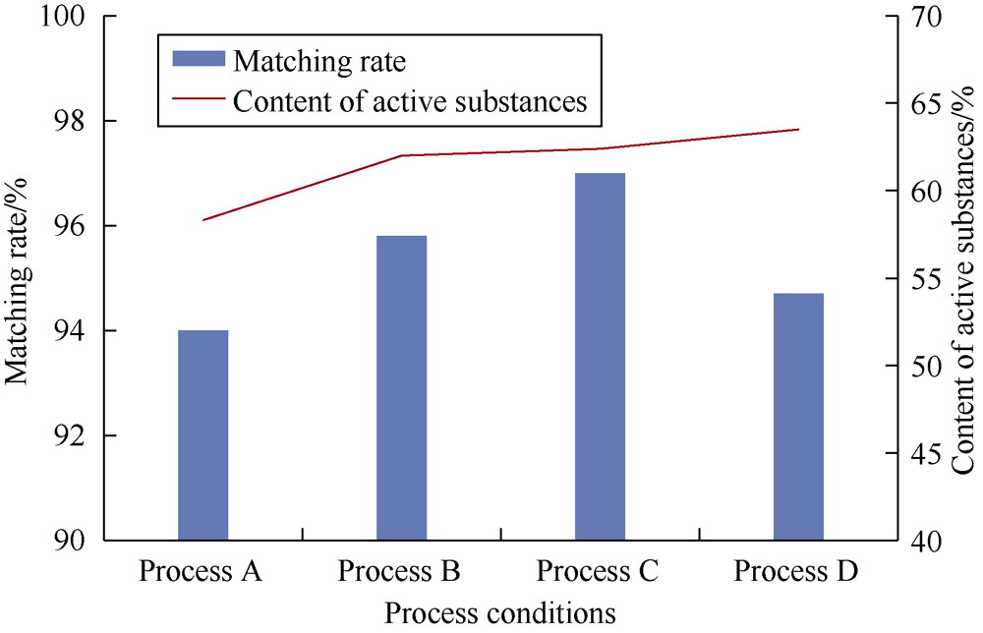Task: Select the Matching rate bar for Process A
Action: (203, 435)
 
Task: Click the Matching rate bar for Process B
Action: (401, 388)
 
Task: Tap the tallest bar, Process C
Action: (600, 357)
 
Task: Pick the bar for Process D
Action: (798, 417)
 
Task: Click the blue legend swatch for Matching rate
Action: (199, 58)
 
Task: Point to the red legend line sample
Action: (199, 98)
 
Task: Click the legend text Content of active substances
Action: (410, 101)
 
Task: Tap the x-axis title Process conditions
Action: (500, 613)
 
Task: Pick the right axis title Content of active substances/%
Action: (963, 279)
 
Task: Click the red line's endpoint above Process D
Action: (799, 129)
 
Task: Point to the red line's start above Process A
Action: (203, 220)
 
